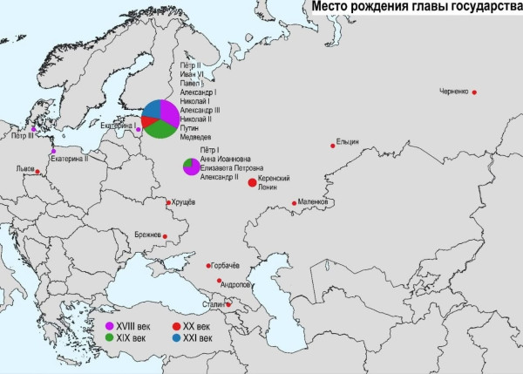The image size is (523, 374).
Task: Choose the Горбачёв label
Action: pos(226,265)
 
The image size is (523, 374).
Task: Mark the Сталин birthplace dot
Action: pos(229,304)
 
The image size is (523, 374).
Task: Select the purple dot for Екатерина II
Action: pos(53,151)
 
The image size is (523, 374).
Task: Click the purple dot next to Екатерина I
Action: pos(139,130)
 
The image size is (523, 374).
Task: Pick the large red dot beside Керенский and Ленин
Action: pos(252,182)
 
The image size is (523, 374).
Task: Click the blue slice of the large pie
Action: pos(152,110)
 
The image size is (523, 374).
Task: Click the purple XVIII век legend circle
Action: pos(109,324)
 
